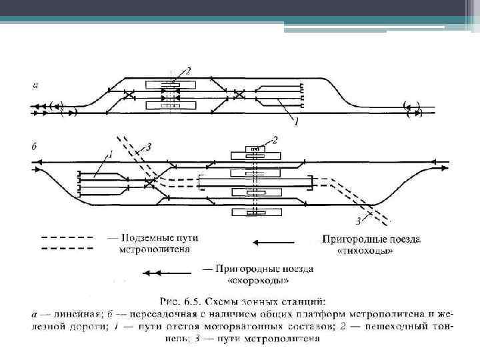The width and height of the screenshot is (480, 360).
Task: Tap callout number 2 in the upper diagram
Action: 188,71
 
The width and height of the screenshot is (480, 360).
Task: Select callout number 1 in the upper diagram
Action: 295,123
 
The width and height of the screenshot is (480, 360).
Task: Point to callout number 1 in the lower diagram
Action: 111,155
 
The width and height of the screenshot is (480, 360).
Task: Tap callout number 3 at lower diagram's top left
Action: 149,145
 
